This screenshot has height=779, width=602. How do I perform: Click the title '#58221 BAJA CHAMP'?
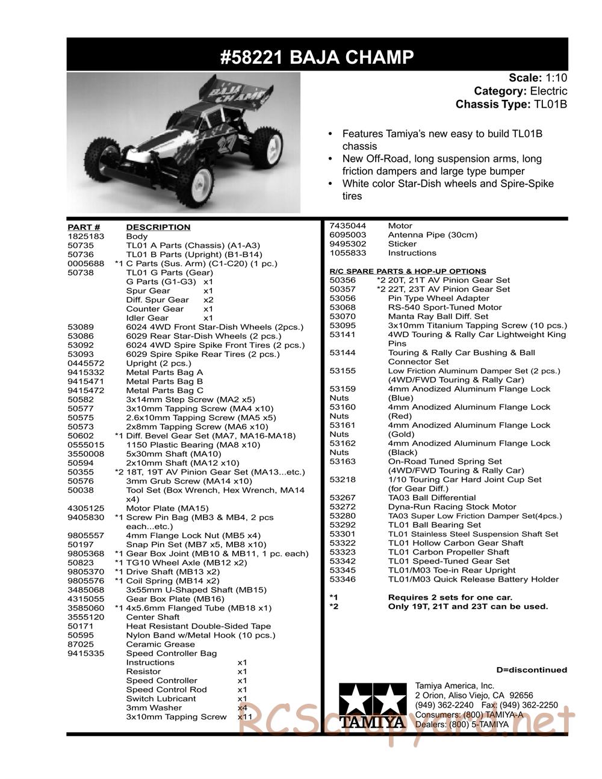(317, 57)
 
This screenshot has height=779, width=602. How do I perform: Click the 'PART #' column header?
(84, 227)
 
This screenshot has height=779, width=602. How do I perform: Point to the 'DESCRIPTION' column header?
(158, 227)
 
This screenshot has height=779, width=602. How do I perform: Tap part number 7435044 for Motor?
(347, 226)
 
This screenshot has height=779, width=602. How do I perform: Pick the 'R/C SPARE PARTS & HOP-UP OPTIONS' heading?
(408, 271)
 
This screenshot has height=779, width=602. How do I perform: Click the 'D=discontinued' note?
(532, 669)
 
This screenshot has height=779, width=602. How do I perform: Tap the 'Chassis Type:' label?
(492, 104)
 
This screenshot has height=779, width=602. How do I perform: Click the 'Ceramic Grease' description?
(160, 644)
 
